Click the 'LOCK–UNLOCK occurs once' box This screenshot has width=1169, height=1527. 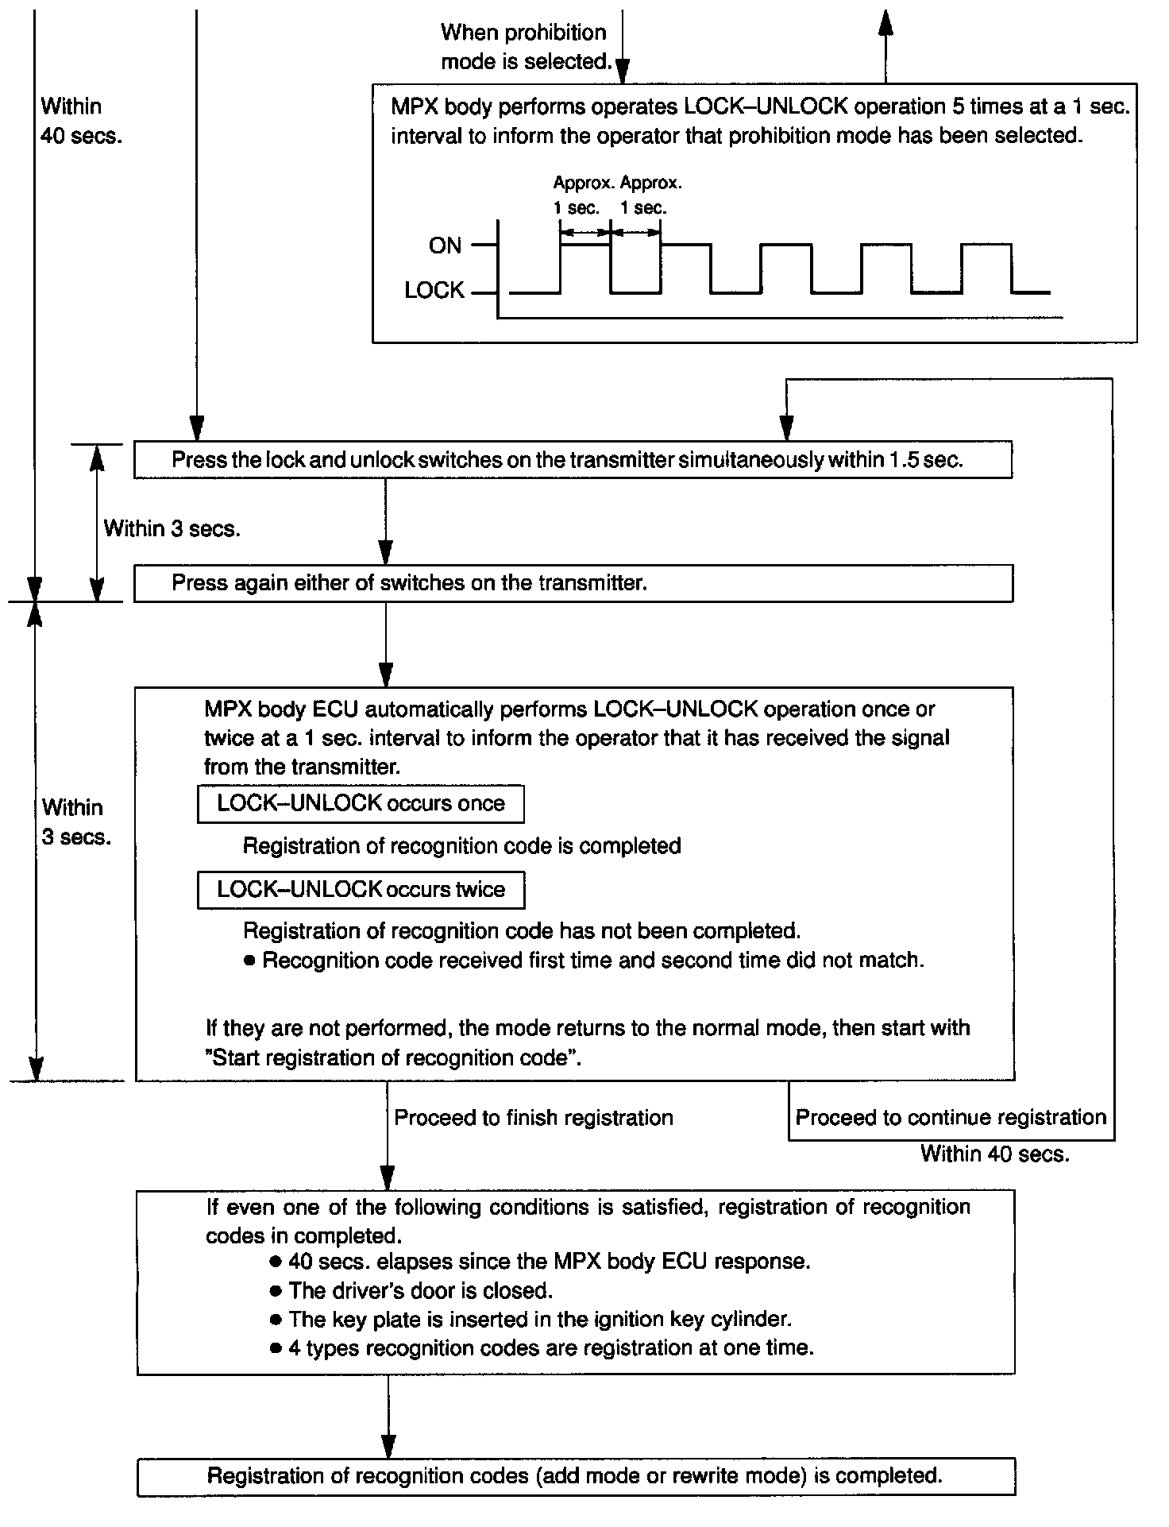click(361, 804)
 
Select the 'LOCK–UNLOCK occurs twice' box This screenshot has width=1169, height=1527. click(361, 890)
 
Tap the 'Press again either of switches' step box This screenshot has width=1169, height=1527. click(573, 583)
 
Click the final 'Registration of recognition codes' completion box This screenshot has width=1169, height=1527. click(576, 1476)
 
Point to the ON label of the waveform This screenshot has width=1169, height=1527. click(445, 245)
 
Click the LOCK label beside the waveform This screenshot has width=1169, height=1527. click(434, 291)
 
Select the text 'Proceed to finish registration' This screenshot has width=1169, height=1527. click(533, 1118)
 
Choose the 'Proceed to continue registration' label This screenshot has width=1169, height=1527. click(951, 1118)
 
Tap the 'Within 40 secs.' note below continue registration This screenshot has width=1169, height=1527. click(994, 1154)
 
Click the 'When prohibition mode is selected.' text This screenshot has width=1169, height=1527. click(525, 47)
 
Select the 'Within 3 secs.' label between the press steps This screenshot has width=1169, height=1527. click(172, 528)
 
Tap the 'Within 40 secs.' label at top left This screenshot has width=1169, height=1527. click(81, 121)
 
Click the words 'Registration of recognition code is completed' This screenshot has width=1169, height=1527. click(461, 846)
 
